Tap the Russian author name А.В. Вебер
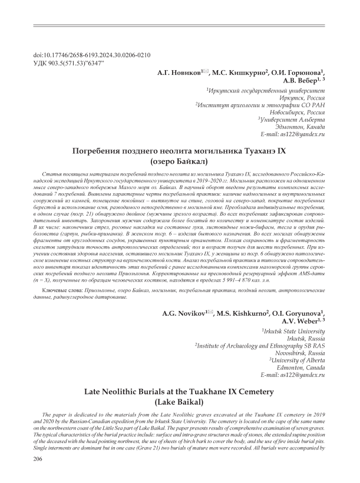(x=301, y=80)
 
